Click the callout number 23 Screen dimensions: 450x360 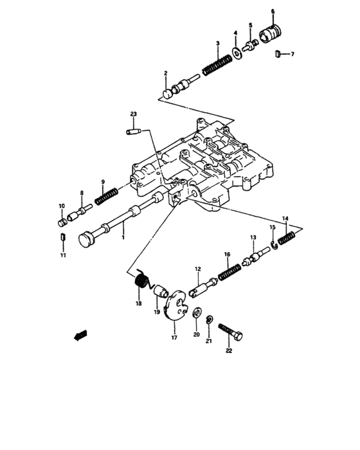[133, 114]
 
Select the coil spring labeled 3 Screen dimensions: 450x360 [217, 65]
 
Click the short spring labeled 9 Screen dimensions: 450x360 [105, 195]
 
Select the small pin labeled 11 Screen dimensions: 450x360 [63, 239]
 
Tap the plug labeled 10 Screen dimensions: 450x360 [62, 222]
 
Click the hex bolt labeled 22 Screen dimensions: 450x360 [231, 332]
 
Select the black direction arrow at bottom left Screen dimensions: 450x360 [79, 334]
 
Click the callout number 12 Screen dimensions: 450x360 [199, 269]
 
